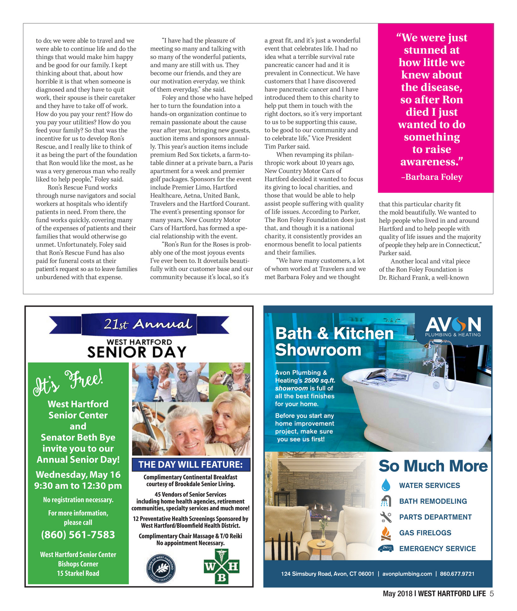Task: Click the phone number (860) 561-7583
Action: (x=78, y=535)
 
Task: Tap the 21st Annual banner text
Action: (x=148, y=324)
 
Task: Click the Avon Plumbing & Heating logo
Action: (x=453, y=327)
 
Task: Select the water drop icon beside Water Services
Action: (x=386, y=485)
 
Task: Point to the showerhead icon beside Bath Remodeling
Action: (x=386, y=501)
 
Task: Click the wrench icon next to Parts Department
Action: (x=386, y=517)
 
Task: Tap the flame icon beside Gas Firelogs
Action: (x=386, y=533)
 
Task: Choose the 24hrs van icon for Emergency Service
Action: (x=386, y=548)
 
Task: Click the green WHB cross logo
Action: (x=222, y=566)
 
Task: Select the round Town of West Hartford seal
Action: (x=161, y=568)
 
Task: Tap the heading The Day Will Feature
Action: (x=191, y=464)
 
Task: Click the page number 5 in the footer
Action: (x=492, y=594)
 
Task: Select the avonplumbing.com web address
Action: (x=407, y=574)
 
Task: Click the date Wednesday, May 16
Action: (x=78, y=475)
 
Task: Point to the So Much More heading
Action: (x=433, y=466)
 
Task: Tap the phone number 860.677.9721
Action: (x=457, y=574)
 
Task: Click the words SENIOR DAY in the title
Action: (x=137, y=352)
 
